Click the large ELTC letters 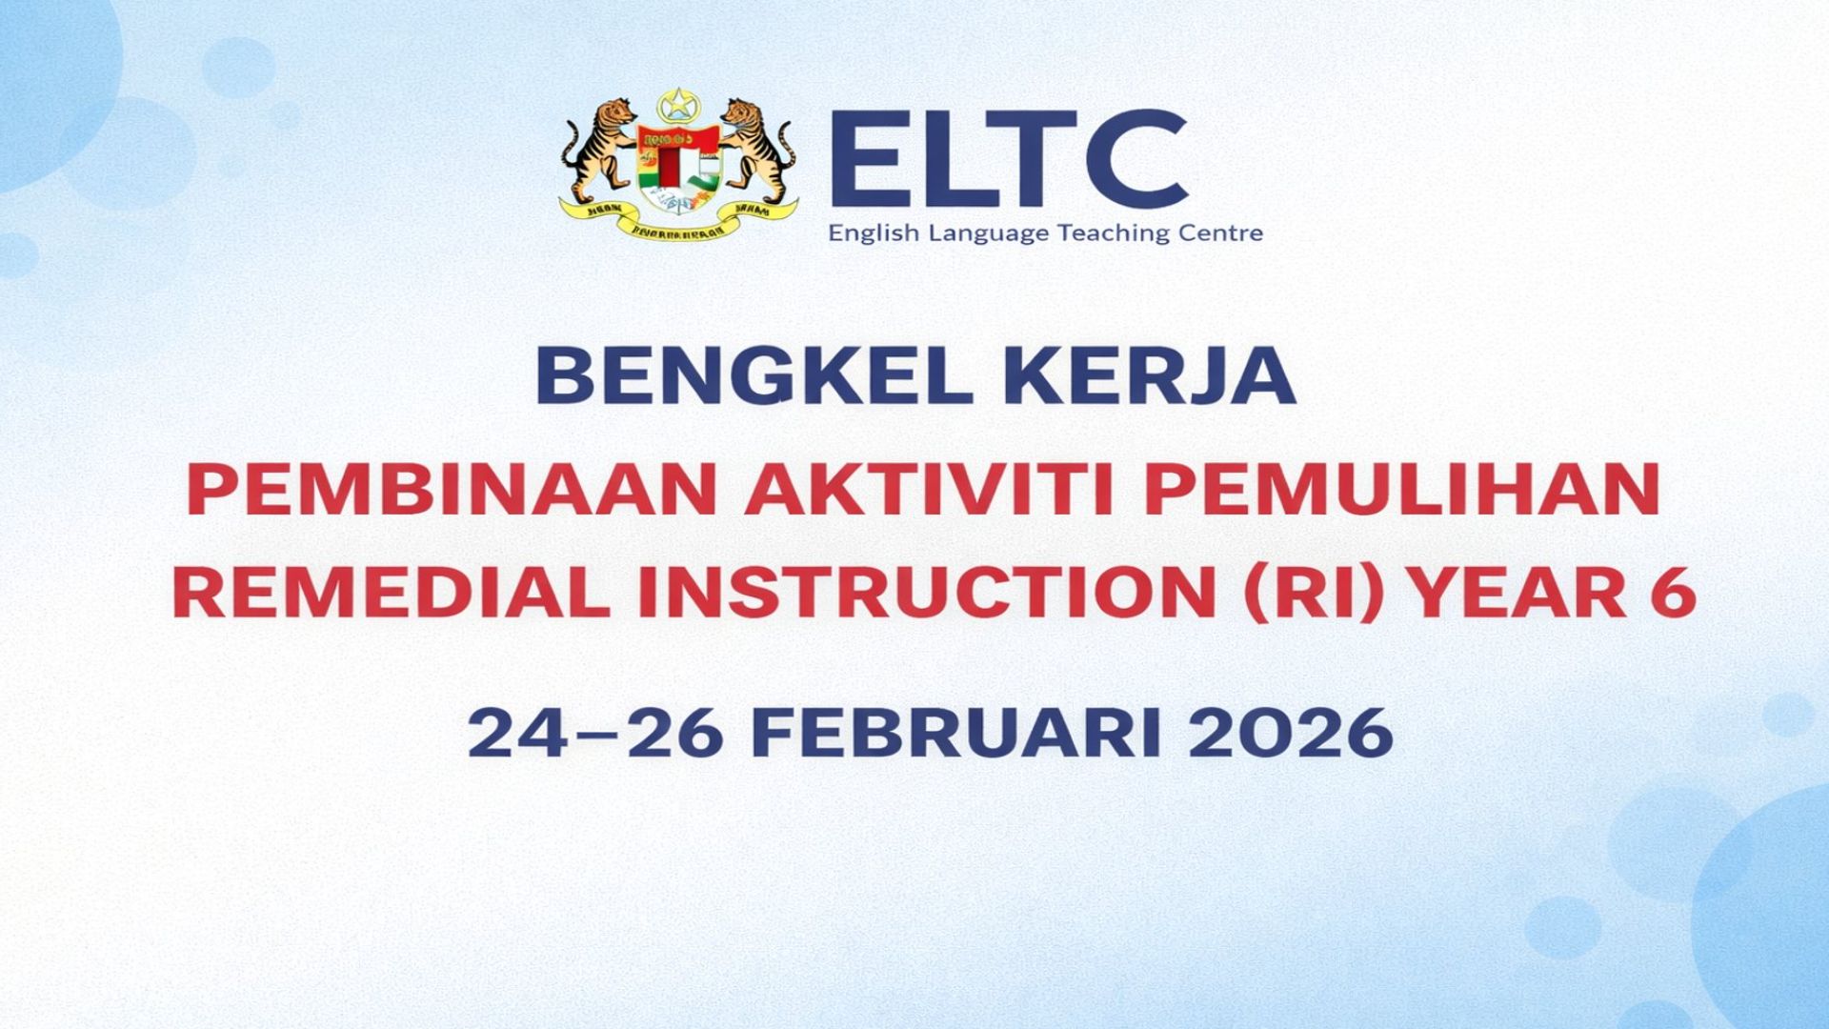point(1010,158)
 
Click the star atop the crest point(677,104)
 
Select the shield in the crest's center point(678,168)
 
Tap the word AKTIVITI point(930,490)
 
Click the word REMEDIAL point(392,593)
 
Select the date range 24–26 point(594,733)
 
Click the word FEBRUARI point(955,733)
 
